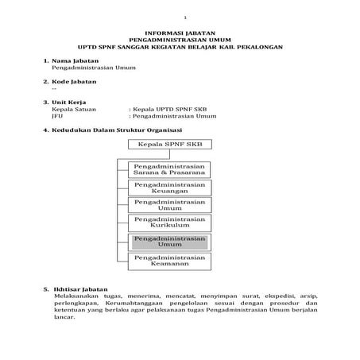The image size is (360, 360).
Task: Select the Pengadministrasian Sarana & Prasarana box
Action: [170, 168]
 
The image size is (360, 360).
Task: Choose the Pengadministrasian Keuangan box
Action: [170, 187]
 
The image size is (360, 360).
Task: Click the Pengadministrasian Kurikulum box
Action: [170, 222]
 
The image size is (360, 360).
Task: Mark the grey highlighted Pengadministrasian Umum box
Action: [170, 241]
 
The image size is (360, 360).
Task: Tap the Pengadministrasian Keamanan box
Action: [170, 261]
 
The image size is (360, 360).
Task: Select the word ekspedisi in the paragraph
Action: [269, 296]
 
